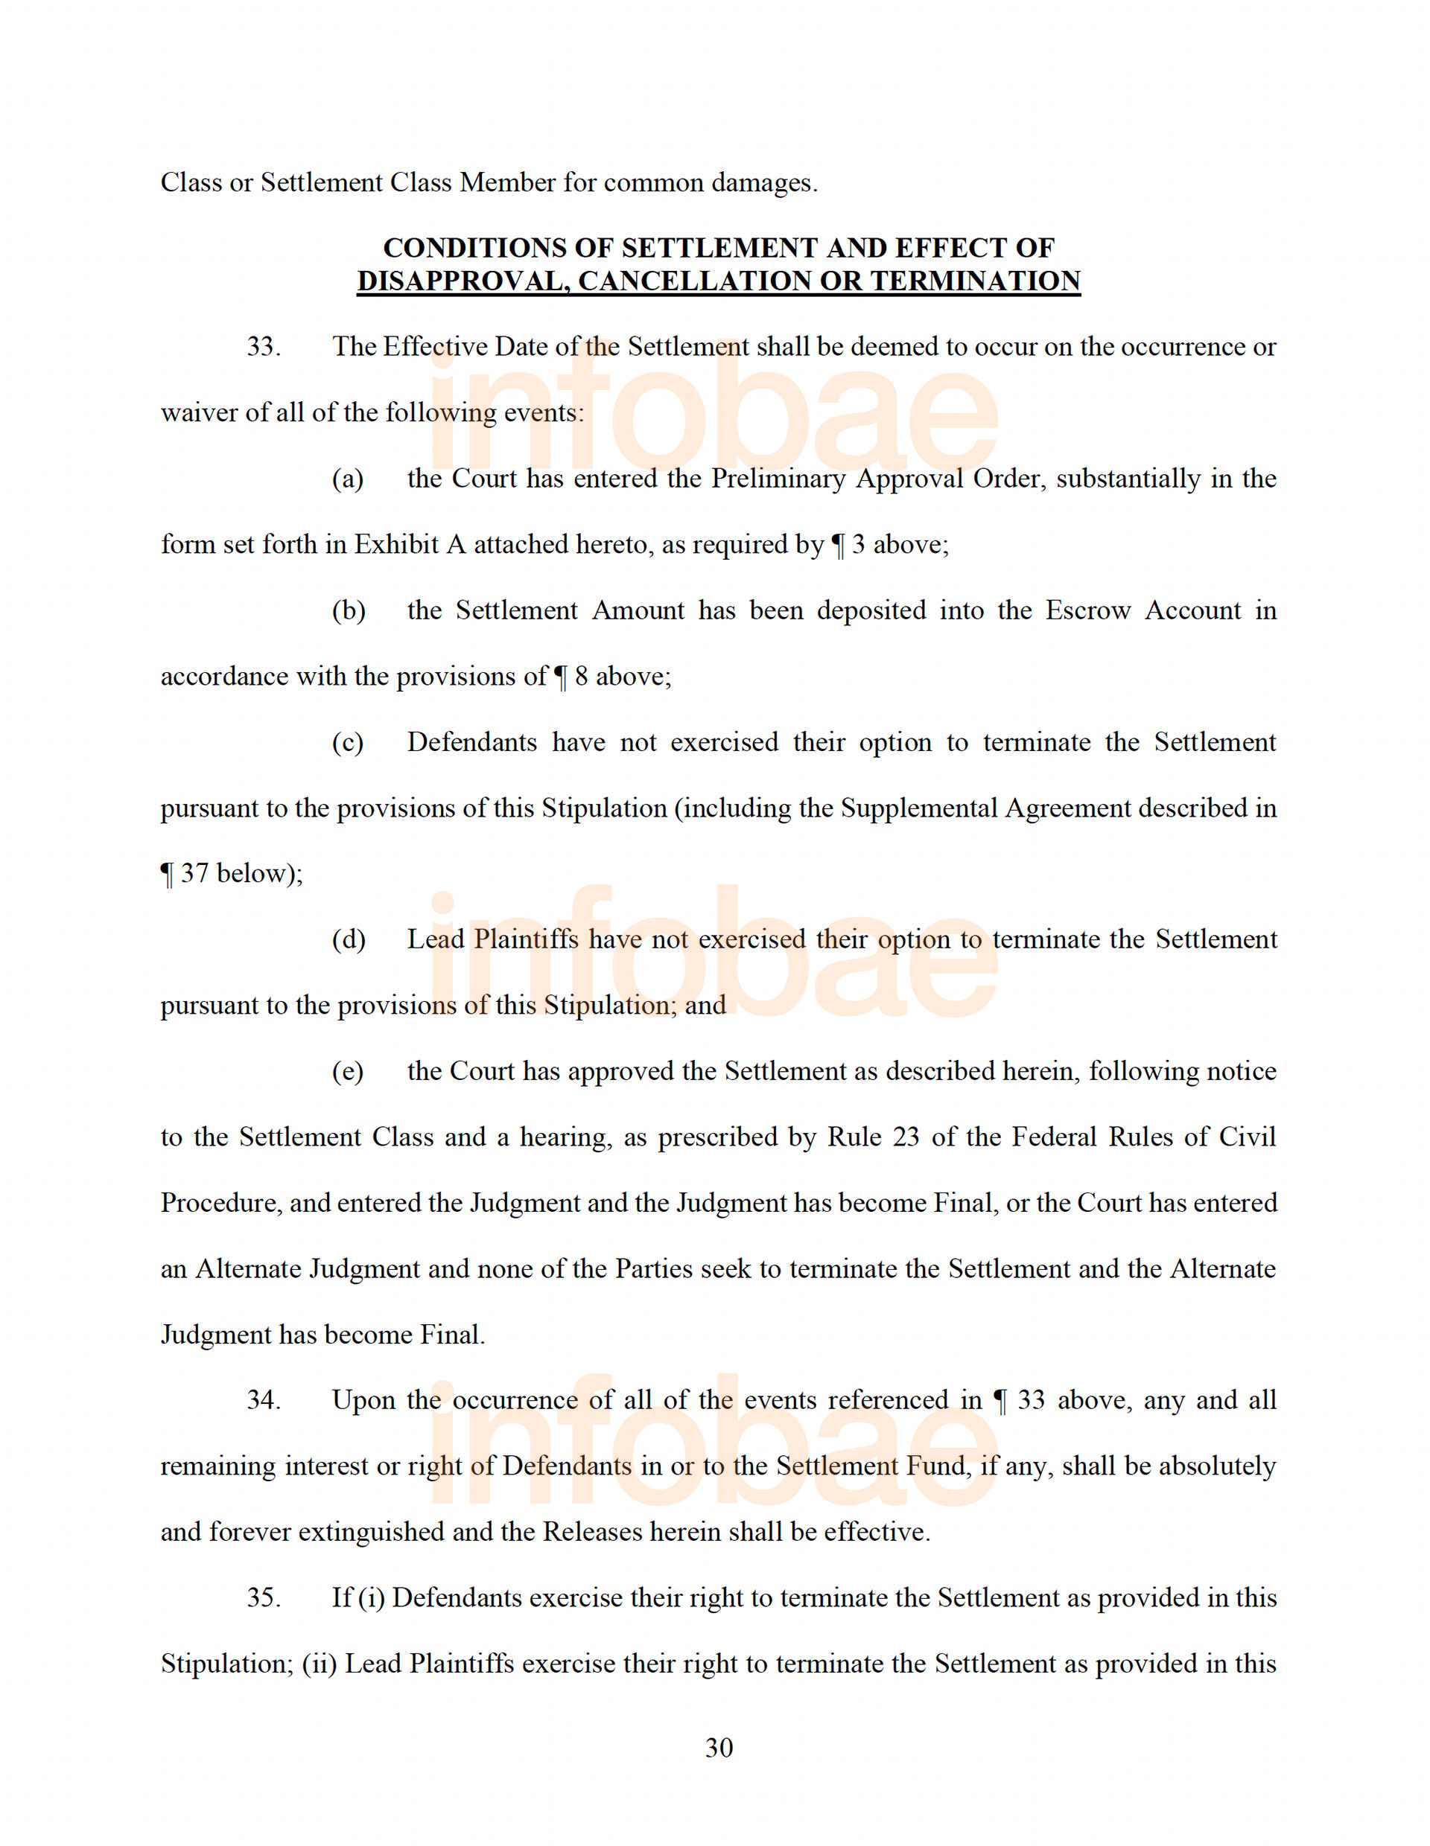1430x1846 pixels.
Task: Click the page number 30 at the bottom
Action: pos(718,1747)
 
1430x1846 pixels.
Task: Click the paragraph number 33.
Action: pos(263,347)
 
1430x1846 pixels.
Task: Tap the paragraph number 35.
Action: pos(263,1597)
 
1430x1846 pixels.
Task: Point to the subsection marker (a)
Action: pos(348,479)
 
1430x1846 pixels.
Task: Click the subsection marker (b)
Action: pos(349,610)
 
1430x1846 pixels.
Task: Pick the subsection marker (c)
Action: pos(348,742)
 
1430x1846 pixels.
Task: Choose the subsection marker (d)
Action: pos(349,939)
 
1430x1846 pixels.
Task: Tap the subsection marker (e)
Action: pos(348,1071)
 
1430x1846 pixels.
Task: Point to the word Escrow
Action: pos(1087,610)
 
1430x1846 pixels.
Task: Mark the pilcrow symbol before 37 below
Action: pos(167,874)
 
